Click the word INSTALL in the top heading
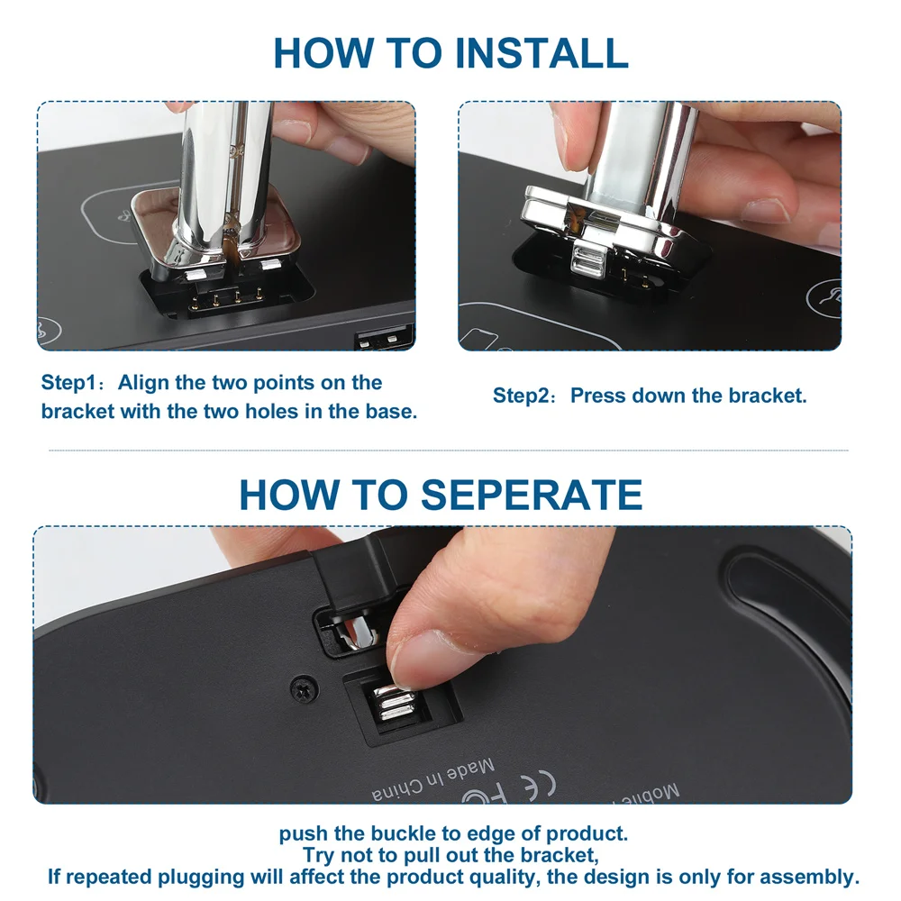coord(542,53)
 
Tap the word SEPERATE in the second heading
coord(532,495)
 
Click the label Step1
coord(69,383)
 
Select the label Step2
coord(521,396)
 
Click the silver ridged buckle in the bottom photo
coord(395,705)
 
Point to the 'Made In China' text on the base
coord(433,780)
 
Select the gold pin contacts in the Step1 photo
coord(227,298)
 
